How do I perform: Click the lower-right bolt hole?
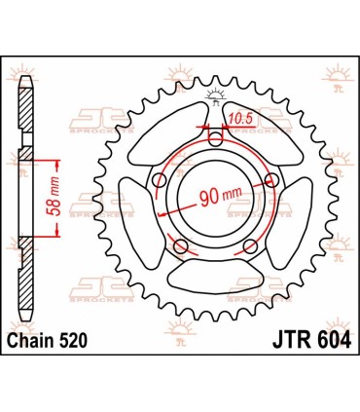pos(248,243)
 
